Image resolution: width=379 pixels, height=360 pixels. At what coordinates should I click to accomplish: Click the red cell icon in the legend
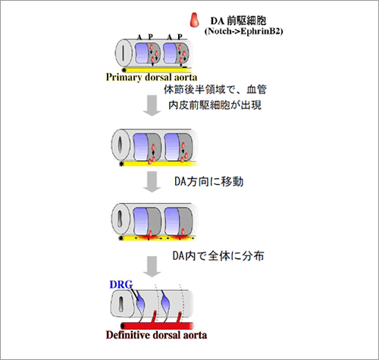(x=195, y=20)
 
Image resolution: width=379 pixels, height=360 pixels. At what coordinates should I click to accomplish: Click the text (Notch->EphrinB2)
(x=243, y=31)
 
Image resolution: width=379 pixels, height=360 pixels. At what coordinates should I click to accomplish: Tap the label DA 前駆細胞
(x=238, y=20)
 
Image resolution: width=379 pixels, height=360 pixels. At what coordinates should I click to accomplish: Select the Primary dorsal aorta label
(x=152, y=77)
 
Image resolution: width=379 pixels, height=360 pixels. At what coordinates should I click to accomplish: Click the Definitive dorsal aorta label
(x=156, y=335)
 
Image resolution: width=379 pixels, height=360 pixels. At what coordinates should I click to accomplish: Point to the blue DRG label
(x=121, y=285)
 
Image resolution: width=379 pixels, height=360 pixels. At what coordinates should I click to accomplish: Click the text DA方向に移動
(x=209, y=181)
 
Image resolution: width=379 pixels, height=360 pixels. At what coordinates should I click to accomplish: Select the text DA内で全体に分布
(x=218, y=255)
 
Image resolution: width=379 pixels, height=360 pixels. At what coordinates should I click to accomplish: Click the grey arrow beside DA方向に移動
(x=152, y=182)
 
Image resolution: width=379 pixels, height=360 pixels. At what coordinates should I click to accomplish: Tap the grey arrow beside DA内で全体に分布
(x=152, y=267)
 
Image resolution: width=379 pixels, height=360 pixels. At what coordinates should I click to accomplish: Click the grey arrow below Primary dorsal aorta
(x=152, y=105)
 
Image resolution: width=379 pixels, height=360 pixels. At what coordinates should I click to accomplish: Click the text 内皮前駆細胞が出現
(x=215, y=105)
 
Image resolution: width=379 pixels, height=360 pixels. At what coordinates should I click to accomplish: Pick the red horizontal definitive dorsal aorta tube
(x=157, y=326)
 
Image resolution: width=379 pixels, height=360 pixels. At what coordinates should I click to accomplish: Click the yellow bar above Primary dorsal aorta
(x=157, y=70)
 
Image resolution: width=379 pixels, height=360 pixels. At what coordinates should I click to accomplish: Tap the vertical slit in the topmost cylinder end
(x=124, y=53)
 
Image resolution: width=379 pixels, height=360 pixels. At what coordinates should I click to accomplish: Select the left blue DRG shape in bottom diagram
(x=140, y=302)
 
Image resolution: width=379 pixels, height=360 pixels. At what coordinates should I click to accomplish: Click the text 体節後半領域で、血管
(x=215, y=89)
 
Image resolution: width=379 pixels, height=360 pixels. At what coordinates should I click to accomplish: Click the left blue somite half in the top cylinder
(x=141, y=53)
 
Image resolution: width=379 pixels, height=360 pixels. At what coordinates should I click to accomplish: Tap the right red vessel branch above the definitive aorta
(x=179, y=318)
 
